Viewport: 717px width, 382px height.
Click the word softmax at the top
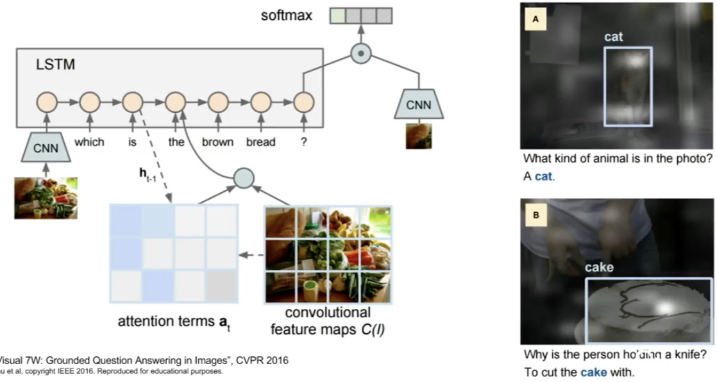(287, 15)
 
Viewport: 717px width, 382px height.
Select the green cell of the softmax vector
(337, 15)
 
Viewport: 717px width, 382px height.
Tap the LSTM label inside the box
(56, 65)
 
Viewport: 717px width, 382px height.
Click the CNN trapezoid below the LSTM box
(46, 149)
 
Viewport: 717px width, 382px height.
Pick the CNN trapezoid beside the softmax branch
(418, 104)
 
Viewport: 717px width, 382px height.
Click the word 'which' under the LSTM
(89, 142)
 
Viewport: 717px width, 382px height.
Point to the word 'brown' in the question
(217, 142)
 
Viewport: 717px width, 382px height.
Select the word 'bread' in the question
(260, 142)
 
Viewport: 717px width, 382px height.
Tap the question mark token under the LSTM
(303, 142)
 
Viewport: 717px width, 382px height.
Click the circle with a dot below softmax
(361, 54)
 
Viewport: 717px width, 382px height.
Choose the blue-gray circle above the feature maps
(244, 178)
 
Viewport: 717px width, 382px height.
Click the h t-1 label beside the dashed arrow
(151, 174)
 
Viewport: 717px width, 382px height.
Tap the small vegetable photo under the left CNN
(46, 198)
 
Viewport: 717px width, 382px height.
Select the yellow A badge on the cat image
(536, 20)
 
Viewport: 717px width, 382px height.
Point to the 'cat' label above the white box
(613, 38)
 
